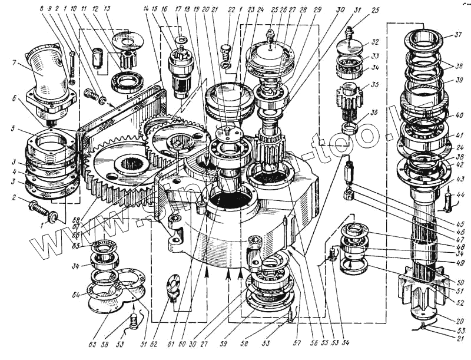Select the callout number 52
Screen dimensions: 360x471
point(460,303)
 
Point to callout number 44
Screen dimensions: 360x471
point(460,194)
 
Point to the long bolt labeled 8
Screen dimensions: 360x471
point(71,65)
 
